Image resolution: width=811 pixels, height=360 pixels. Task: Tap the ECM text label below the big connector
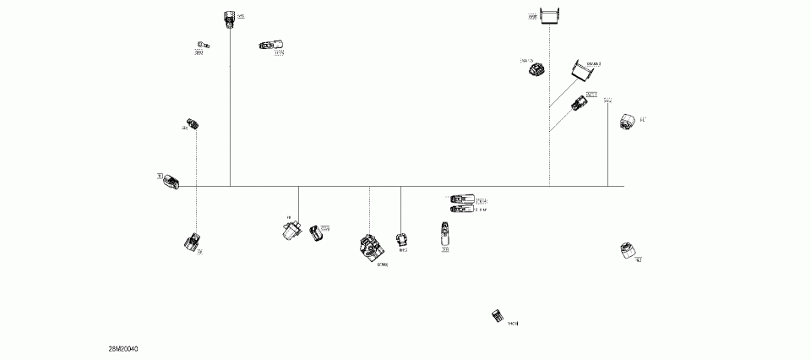tap(383, 265)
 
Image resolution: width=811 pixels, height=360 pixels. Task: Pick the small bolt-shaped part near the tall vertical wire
tap(202, 44)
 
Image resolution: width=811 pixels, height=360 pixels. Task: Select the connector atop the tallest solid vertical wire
tap(229, 18)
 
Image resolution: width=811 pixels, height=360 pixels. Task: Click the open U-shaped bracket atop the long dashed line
tap(551, 15)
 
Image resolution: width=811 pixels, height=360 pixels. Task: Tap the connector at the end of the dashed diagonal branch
tap(580, 104)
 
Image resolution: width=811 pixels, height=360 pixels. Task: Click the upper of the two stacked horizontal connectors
tap(461, 199)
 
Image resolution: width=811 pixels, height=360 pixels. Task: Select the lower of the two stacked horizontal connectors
tap(461, 209)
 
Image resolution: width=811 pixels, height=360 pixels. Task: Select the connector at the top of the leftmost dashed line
tap(193, 124)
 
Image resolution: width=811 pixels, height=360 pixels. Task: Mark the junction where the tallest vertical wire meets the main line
tap(230, 186)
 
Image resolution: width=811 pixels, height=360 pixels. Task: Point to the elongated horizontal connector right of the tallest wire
tap(271, 46)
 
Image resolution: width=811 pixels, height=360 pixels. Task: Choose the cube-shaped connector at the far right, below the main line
tap(627, 250)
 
